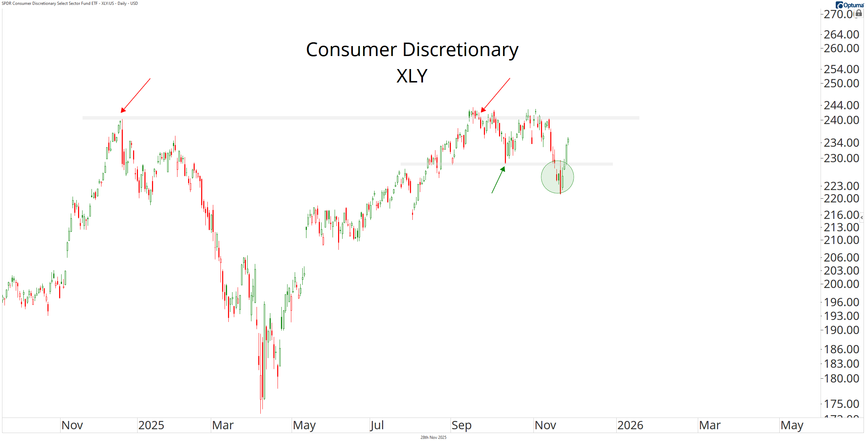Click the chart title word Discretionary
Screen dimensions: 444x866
pyautogui.click(x=460, y=50)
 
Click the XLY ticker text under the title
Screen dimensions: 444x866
pyautogui.click(x=412, y=76)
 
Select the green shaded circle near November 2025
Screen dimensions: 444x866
pyautogui.click(x=557, y=177)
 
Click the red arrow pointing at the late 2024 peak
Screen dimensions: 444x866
pyautogui.click(x=136, y=95)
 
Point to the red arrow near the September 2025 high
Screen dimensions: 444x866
pyautogui.click(x=495, y=95)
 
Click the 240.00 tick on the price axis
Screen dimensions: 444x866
pyautogui.click(x=841, y=120)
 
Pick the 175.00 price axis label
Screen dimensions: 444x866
pyautogui.click(x=841, y=404)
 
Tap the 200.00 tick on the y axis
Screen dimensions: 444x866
pyautogui.click(x=841, y=284)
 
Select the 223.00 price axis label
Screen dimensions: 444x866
pyautogui.click(x=841, y=186)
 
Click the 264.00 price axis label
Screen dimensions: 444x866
pyautogui.click(x=841, y=34)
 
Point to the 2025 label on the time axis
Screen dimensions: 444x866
pyautogui.click(x=151, y=425)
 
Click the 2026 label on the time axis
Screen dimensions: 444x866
pyautogui.click(x=630, y=425)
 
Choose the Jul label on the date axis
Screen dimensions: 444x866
pyautogui.click(x=377, y=425)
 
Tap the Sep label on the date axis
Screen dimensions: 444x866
pyautogui.click(x=461, y=425)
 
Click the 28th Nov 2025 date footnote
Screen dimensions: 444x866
pyautogui.click(x=433, y=437)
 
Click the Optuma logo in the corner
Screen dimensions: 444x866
pyautogui.click(x=851, y=5)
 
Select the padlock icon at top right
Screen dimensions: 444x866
pyautogui.click(x=859, y=13)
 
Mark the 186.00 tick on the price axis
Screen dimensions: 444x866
pyautogui.click(x=841, y=349)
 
